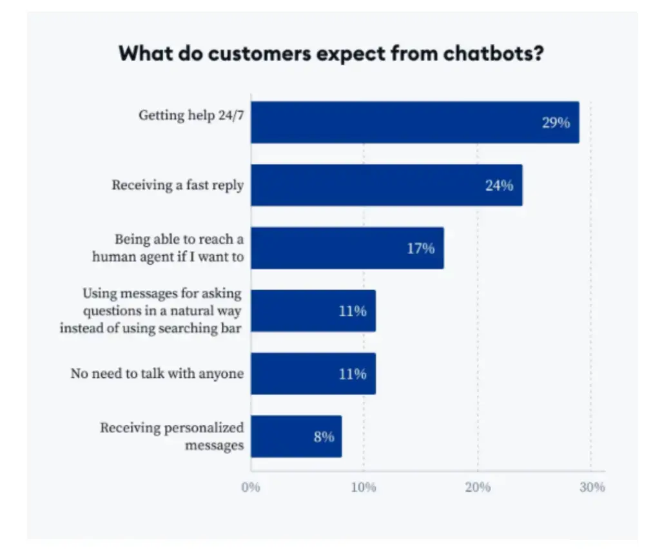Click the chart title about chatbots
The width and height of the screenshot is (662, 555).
(x=331, y=53)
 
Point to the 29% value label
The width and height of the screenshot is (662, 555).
(x=556, y=122)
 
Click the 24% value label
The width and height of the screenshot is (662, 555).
(x=499, y=186)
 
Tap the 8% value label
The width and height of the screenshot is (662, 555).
(x=324, y=437)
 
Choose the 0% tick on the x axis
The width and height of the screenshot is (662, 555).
(x=251, y=487)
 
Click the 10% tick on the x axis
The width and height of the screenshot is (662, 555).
(x=364, y=487)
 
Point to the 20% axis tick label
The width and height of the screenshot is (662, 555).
(x=478, y=487)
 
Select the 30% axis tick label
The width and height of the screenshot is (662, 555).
(x=592, y=487)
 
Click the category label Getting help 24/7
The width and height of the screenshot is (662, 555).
(x=191, y=115)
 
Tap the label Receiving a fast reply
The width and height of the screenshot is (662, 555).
(x=177, y=185)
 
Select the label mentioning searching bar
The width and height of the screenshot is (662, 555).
(x=151, y=311)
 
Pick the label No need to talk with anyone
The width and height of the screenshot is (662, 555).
(x=157, y=373)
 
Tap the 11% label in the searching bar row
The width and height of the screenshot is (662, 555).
(x=353, y=311)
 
